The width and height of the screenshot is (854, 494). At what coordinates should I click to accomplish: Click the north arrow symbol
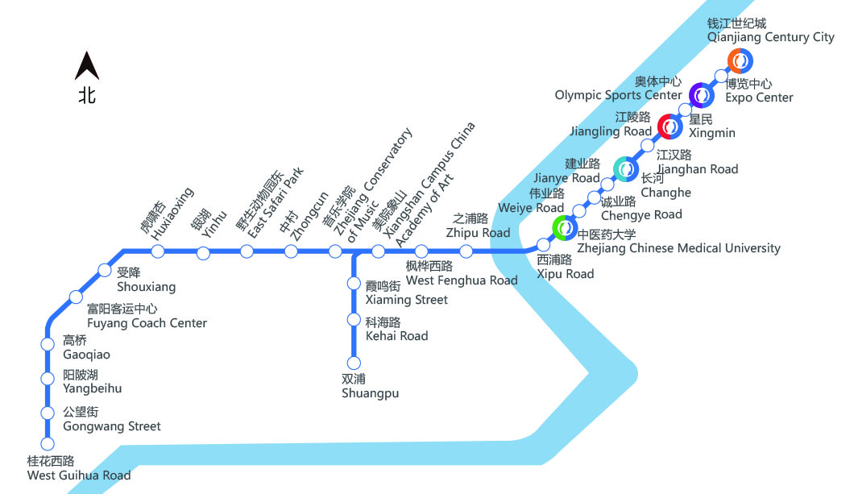(87, 65)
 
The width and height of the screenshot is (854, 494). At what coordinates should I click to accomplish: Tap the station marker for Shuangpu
(353, 363)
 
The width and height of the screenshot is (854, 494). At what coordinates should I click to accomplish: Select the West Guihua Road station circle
(48, 443)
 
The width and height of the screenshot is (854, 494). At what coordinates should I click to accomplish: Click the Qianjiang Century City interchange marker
(740, 60)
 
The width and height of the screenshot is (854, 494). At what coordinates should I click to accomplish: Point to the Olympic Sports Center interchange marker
(702, 95)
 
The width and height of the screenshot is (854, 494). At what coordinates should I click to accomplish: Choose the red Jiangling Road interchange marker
(670, 127)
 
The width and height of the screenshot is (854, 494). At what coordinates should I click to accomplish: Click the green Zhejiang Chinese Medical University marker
(565, 229)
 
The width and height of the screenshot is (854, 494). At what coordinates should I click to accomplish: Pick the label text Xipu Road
(566, 274)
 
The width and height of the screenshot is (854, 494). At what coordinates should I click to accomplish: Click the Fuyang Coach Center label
(147, 323)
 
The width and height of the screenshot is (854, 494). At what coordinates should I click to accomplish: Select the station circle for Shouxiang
(104, 270)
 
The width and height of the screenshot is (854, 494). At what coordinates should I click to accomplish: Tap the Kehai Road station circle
(353, 320)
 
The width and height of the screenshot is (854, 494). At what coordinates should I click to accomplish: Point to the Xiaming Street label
(406, 300)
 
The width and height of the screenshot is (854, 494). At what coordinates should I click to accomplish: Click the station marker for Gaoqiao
(48, 345)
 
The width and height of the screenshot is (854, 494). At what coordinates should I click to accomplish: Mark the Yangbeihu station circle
(48, 379)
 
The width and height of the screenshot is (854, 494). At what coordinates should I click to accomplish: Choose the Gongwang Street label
(111, 426)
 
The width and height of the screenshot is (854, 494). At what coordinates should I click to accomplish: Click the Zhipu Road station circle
(466, 251)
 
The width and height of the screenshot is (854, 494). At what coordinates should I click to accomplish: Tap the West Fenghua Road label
(462, 280)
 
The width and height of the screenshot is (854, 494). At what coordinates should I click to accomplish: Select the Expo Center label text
(759, 98)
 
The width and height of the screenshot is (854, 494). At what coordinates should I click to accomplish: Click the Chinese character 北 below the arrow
(87, 95)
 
